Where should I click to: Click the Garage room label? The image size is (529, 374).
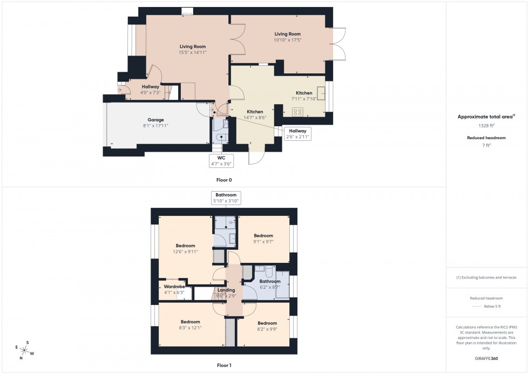[x=155, y=123]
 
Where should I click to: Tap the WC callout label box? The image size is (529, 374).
[x=221, y=160]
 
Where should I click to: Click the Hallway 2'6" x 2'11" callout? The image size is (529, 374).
[x=297, y=133]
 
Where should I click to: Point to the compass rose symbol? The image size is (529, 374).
[x=24, y=350]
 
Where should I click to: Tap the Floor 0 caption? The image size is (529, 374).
[x=223, y=180]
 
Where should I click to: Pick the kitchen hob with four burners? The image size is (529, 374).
[x=297, y=112]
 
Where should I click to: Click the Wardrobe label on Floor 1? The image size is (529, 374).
[x=174, y=289]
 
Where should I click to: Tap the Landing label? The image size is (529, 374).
[x=226, y=293]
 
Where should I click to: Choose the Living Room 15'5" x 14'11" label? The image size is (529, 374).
[x=193, y=50]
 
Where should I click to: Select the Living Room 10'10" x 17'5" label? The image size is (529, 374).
[x=287, y=37]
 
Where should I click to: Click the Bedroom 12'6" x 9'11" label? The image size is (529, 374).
[x=185, y=248]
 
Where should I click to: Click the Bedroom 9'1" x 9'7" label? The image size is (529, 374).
[x=263, y=239]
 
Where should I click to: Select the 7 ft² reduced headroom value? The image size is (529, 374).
[x=486, y=146]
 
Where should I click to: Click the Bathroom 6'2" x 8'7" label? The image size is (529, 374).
[x=270, y=284]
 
